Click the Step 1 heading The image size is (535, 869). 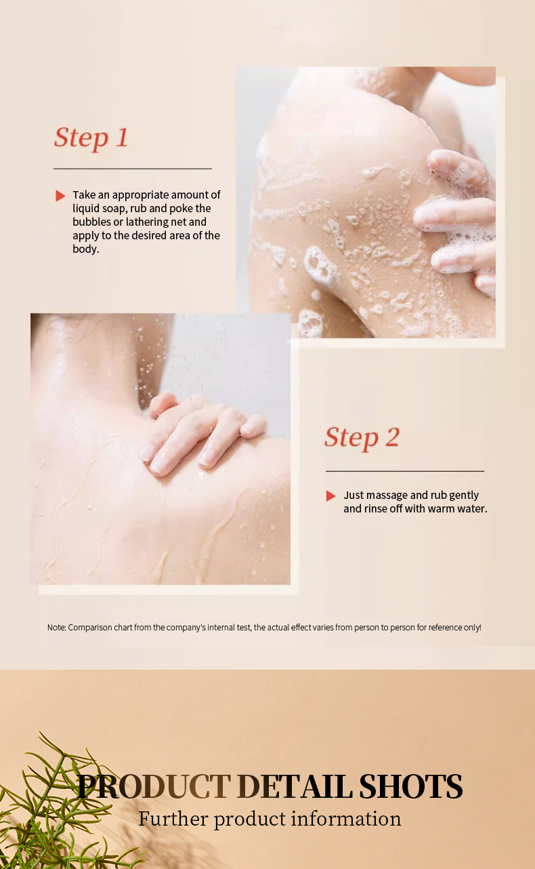coord(91,138)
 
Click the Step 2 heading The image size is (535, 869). coord(362,437)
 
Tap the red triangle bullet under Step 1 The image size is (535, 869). coord(60,196)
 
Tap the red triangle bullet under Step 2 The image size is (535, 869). coord(330,496)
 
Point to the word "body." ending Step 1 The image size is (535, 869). coord(86,249)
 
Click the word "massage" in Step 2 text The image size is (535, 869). coord(387,496)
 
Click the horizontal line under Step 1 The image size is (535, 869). coord(133,169)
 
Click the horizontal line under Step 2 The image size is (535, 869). coord(404,471)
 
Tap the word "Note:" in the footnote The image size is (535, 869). coord(57,628)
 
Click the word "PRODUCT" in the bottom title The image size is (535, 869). coord(154,786)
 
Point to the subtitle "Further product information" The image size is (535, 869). coord(270,819)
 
